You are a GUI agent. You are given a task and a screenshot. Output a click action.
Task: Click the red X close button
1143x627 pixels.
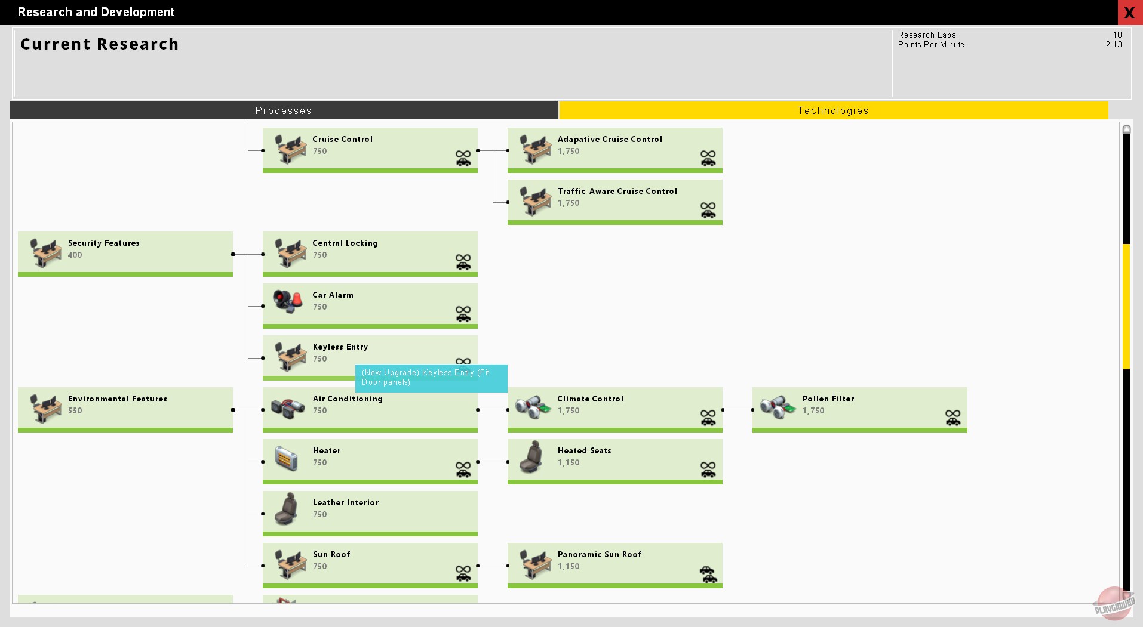1129,13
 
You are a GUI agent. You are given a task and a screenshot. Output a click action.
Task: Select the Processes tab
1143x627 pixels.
284,110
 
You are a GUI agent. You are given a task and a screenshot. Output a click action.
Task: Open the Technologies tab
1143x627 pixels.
833,110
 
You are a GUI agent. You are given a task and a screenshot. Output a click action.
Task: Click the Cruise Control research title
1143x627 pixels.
342,139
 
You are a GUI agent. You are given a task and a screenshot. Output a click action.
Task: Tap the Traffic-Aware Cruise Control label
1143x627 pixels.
617,191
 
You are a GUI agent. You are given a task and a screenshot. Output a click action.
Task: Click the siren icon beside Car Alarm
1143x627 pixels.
288,301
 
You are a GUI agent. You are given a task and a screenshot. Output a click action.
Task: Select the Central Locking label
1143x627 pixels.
345,243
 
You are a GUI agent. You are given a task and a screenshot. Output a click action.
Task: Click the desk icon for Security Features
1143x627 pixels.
46,253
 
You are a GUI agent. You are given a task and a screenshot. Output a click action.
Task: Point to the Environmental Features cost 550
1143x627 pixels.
75,410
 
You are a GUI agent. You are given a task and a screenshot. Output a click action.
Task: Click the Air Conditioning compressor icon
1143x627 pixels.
288,408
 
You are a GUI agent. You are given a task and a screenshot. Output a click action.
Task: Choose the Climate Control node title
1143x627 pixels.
590,399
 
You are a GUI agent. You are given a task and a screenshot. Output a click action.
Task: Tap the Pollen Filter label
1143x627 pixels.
828,399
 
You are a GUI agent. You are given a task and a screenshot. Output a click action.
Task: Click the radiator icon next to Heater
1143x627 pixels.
287,458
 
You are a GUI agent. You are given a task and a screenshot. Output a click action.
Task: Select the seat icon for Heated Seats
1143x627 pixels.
531,457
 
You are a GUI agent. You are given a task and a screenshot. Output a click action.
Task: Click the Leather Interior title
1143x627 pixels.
345,502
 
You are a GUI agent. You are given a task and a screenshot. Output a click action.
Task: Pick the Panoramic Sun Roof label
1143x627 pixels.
599,554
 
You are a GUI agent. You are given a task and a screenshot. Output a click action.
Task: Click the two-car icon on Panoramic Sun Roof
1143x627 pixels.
708,575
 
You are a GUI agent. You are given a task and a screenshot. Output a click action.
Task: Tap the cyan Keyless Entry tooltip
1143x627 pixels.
431,378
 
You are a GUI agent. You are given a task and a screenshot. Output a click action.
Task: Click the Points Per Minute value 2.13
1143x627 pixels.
1113,44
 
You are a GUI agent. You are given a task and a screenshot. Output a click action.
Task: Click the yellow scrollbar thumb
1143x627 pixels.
1126,307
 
